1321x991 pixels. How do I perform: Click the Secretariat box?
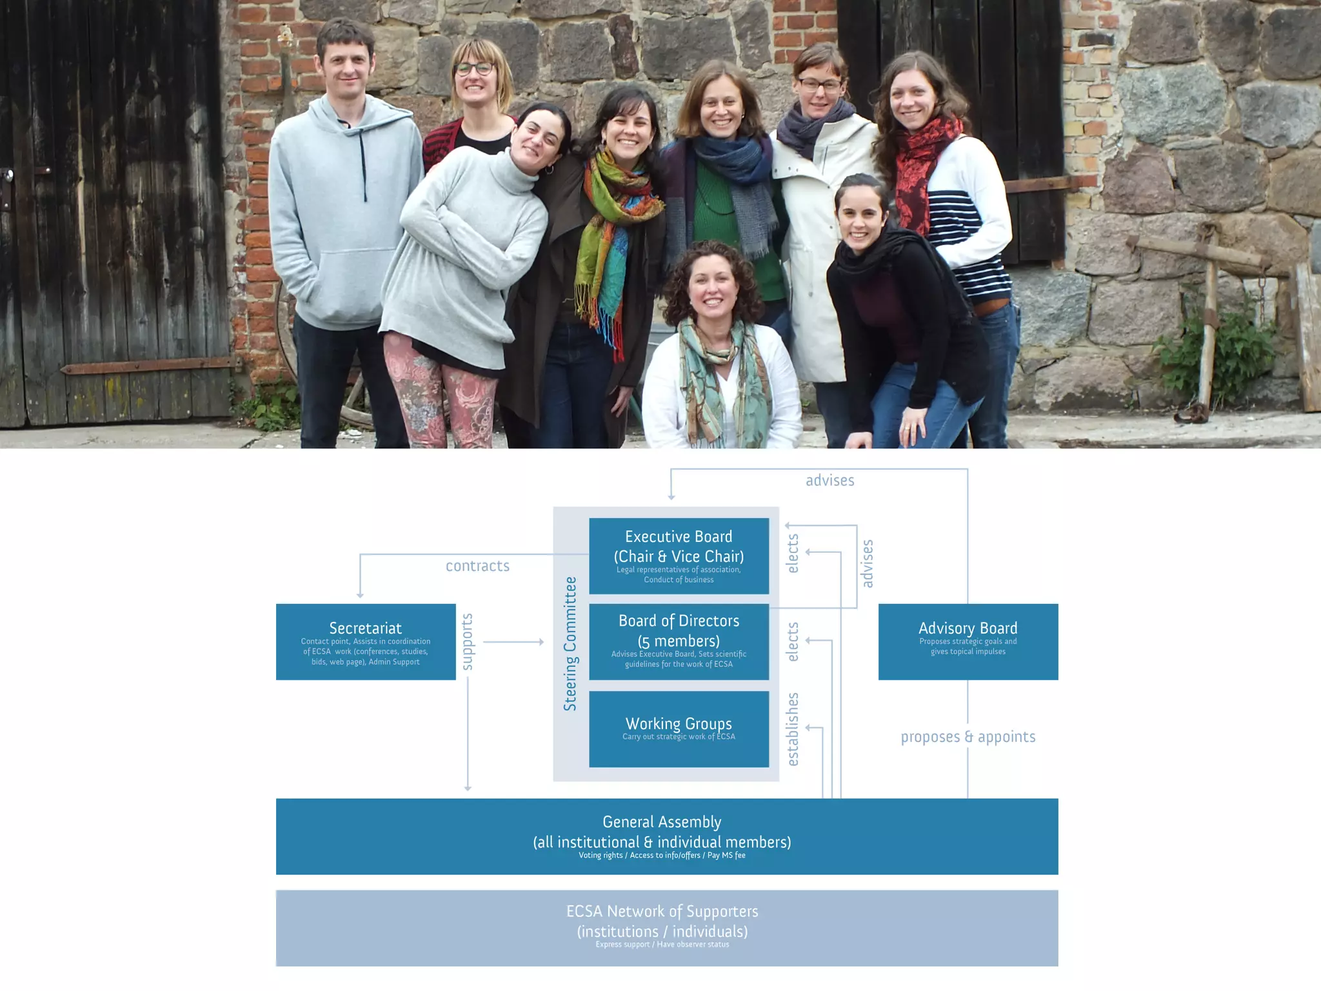tap(366, 641)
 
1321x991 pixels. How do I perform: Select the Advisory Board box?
tap(968, 641)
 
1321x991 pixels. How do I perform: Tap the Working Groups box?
tap(679, 729)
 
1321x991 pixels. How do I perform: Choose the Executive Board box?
tap(679, 556)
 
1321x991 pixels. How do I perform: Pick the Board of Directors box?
tap(679, 641)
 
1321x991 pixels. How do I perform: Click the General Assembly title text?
tap(662, 822)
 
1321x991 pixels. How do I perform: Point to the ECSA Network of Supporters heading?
tap(662, 911)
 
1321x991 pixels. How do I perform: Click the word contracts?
tap(477, 566)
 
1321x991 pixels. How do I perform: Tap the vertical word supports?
tap(468, 641)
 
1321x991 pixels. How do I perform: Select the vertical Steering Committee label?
tap(570, 644)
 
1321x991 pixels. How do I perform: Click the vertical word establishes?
tap(793, 729)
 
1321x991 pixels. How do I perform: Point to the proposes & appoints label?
tap(968, 737)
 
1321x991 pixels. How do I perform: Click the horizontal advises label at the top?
tap(829, 480)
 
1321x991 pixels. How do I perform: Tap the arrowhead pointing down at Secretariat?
tap(360, 595)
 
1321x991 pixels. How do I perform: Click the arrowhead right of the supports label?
tap(541, 642)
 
